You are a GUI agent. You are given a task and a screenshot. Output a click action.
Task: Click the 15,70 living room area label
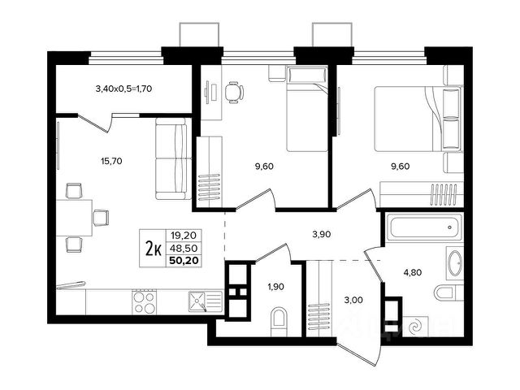point(111,161)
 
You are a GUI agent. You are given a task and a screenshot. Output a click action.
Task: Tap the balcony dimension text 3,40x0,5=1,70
point(123,89)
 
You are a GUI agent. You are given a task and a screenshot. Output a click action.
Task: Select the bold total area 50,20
point(184,260)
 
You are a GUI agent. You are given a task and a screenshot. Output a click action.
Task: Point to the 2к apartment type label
point(154,249)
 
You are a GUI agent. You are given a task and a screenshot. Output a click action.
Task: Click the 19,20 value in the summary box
point(184,236)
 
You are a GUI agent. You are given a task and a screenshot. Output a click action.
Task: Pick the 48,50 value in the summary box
point(184,248)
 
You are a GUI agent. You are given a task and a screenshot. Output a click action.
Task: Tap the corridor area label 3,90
point(322,235)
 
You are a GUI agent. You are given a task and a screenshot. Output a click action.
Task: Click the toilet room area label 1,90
point(276,286)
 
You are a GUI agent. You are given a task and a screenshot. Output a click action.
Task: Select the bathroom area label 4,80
point(413,273)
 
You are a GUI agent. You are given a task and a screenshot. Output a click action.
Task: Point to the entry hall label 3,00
point(353,300)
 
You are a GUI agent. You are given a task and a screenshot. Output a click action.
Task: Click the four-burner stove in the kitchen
point(145,301)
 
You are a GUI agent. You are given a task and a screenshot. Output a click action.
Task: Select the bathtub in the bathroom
point(425,227)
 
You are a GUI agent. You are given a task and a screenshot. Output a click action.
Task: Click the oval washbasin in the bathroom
point(455,263)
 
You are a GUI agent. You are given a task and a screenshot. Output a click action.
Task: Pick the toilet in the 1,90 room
point(278,321)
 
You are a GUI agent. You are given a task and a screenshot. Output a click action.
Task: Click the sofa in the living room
point(173,159)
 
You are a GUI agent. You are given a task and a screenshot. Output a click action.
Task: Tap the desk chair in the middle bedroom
point(234,92)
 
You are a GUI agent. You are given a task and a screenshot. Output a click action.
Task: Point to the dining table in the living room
point(74,218)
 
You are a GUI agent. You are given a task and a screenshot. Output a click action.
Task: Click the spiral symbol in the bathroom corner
point(416,327)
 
